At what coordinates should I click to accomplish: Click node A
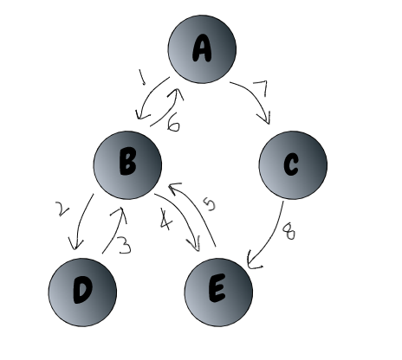(202, 50)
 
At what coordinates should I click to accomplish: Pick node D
(81, 290)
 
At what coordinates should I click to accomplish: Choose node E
(218, 290)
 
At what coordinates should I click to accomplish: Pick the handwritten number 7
(260, 87)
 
